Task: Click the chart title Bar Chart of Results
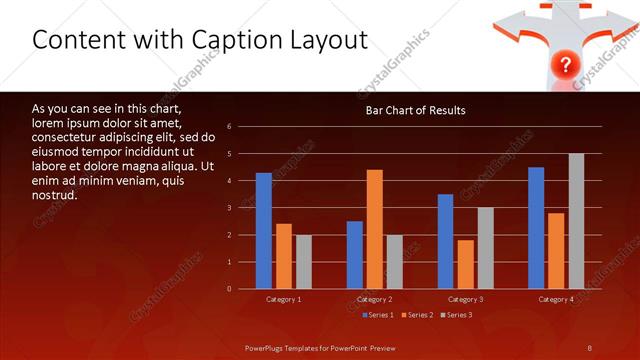tap(414, 110)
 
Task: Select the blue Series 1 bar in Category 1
tap(263, 231)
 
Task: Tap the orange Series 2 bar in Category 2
tap(374, 229)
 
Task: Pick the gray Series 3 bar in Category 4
tap(576, 221)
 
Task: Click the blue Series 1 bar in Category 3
tap(445, 241)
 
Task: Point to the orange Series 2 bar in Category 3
tap(465, 264)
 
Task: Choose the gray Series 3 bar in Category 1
tap(303, 262)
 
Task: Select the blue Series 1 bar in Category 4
tap(536, 228)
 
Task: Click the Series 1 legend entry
tap(376, 315)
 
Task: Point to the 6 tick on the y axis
tap(229, 127)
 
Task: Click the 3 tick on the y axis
tap(229, 208)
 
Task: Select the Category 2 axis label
tap(374, 299)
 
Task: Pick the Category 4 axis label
tap(556, 299)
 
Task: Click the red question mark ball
tap(565, 66)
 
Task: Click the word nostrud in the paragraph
tap(54, 195)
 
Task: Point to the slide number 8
tap(589, 347)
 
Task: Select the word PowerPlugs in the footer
tap(267, 347)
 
